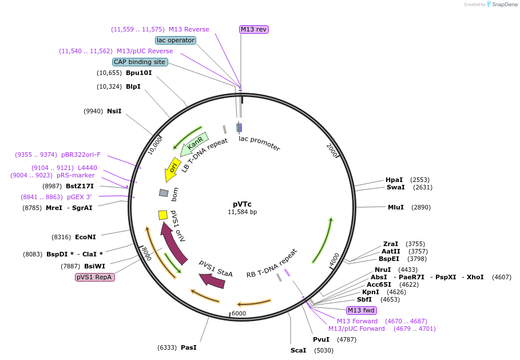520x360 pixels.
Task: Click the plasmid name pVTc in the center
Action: coord(242,203)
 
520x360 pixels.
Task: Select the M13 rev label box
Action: coord(253,29)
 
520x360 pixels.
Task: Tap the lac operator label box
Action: coord(176,40)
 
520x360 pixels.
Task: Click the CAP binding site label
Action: coord(140,62)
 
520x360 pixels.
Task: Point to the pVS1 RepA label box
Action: coord(95,277)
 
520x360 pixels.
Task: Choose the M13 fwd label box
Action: coord(361,310)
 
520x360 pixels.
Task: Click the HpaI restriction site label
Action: coord(394,179)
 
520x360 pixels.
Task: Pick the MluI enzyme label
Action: coord(396,207)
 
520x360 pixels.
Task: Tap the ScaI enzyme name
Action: coord(299,350)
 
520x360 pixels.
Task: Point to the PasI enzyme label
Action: coord(189,347)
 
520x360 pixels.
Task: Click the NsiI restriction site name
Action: coord(114,111)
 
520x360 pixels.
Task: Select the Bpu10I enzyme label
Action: coord(139,73)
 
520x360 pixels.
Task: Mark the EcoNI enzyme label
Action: coord(86,237)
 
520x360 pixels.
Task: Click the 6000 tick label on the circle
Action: coord(239,313)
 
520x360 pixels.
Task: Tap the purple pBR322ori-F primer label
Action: coord(81,155)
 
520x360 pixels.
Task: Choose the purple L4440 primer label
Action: coord(88,168)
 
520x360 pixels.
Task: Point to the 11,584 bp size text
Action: coord(242,212)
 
